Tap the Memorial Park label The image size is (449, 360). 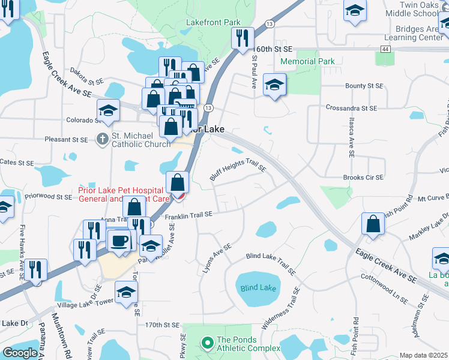[306, 61]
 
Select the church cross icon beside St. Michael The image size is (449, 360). [102, 139]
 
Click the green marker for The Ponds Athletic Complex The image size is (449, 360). [207, 343]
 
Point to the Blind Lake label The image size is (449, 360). [258, 288]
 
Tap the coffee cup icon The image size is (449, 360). [118, 240]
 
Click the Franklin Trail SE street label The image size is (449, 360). [189, 215]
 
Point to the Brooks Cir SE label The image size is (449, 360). [363, 178]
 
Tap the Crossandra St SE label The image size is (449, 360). [351, 109]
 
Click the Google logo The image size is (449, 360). [20, 353]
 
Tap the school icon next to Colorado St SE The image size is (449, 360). [108, 110]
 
